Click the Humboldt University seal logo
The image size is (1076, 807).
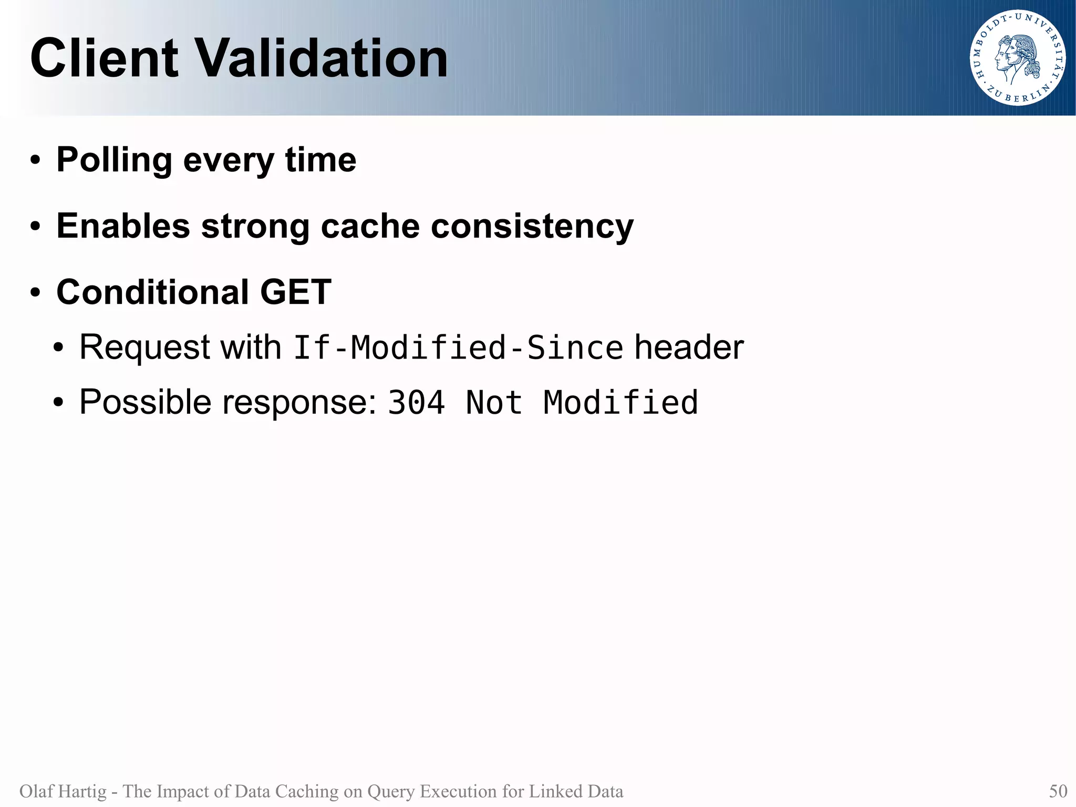(x=1017, y=58)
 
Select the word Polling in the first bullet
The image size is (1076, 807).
(x=114, y=160)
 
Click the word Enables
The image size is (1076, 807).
(x=123, y=226)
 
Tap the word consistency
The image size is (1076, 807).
(x=532, y=227)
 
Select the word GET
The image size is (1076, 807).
(x=295, y=292)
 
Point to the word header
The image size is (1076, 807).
(x=689, y=348)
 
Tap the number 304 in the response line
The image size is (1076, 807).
(x=416, y=403)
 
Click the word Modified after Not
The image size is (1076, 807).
(x=620, y=403)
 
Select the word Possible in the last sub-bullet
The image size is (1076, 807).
(x=145, y=403)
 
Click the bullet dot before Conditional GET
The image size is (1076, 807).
(x=35, y=293)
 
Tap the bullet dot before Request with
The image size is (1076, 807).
(x=58, y=348)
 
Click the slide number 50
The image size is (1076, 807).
(x=1058, y=791)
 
